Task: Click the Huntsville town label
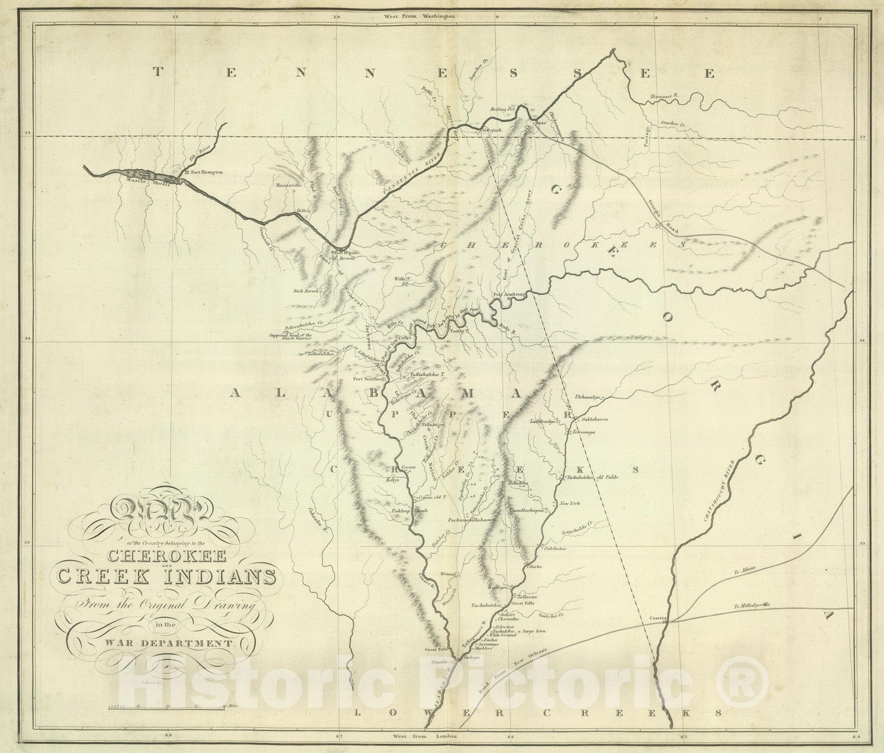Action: point(290,185)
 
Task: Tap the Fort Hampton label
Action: point(207,172)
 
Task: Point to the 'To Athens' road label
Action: point(746,569)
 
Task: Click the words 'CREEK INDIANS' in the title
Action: point(166,577)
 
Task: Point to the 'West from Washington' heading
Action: point(420,17)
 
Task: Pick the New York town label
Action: point(569,504)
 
